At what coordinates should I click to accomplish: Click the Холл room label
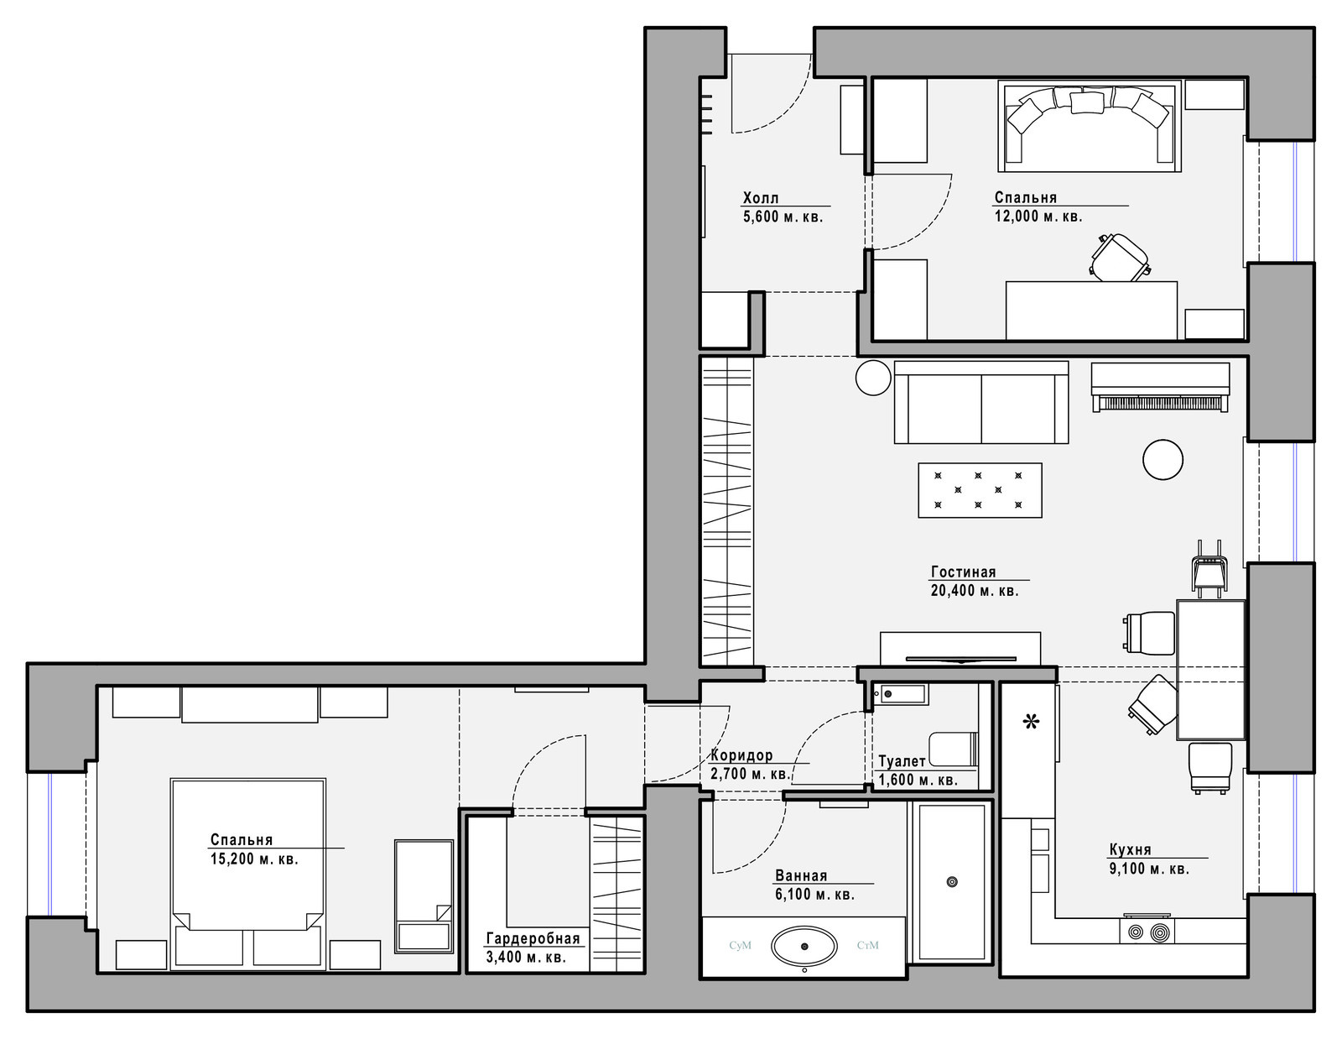coord(760,198)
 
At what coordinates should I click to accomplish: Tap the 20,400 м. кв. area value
coord(975,591)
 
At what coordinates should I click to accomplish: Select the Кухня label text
coord(1130,849)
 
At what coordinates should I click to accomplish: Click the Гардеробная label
coord(533,939)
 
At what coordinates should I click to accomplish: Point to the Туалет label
coord(902,762)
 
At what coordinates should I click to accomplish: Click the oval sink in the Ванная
coord(804,947)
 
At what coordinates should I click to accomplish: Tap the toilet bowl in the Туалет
coord(953,749)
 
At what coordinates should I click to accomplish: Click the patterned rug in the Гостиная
coord(980,490)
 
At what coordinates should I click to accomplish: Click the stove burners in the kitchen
coord(1147,931)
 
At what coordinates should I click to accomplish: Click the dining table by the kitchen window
coord(1210,669)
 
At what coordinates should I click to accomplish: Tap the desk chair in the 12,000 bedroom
coord(1119,257)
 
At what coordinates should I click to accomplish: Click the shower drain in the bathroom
coord(951,881)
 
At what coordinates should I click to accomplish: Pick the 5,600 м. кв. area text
coord(783,217)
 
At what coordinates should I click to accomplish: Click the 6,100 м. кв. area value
coord(814,895)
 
